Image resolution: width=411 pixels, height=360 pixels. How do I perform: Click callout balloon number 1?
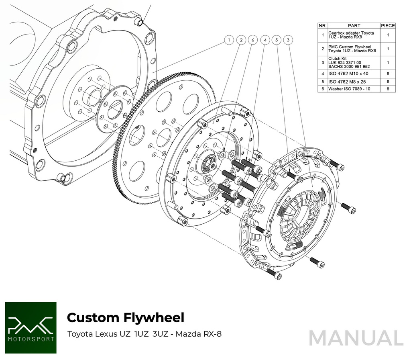click(229, 40)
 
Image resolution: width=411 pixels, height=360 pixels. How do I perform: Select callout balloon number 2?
click(241, 40)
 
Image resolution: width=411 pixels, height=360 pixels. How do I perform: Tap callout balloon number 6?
click(252, 40)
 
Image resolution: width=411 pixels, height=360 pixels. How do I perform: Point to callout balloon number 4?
click(265, 40)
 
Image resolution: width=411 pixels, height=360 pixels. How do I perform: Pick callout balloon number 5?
click(276, 40)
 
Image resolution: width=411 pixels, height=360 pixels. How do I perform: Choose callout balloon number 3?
click(288, 40)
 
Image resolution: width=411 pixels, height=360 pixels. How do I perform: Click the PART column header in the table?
click(354, 26)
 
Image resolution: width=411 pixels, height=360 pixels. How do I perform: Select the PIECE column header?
click(388, 26)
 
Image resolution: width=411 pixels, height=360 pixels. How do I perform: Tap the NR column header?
click(322, 26)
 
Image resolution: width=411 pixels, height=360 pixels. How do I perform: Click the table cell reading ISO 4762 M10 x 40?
click(348, 74)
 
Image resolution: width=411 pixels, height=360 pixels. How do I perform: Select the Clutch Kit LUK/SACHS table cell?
click(349, 63)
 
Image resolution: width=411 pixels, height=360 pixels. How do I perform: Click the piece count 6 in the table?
click(388, 82)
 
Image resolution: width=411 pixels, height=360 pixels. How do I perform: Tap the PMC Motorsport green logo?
click(31, 327)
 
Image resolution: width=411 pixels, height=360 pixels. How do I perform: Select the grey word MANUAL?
click(356, 338)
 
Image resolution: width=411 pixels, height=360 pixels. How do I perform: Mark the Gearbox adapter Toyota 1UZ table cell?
click(351, 35)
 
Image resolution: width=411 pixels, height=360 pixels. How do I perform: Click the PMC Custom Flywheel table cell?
click(352, 49)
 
